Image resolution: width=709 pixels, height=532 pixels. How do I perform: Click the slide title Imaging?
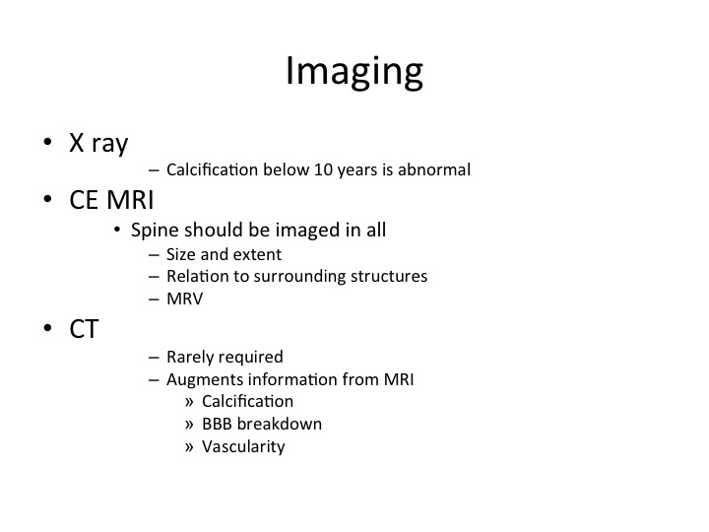click(354, 72)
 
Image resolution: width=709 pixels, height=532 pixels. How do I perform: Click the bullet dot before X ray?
click(48, 142)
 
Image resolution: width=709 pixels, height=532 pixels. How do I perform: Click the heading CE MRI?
click(111, 199)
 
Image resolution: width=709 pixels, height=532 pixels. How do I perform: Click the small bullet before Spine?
click(117, 230)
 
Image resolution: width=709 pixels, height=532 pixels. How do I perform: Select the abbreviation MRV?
click(185, 299)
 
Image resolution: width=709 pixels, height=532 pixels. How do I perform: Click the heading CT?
click(84, 329)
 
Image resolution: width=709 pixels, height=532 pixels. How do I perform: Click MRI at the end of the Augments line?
click(399, 379)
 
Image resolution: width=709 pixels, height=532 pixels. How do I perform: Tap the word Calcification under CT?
click(247, 401)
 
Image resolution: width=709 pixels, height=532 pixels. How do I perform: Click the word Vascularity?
click(243, 447)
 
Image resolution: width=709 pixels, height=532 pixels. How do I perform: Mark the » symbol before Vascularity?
click(189, 447)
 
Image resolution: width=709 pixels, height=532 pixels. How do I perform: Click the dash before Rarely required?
click(154, 358)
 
